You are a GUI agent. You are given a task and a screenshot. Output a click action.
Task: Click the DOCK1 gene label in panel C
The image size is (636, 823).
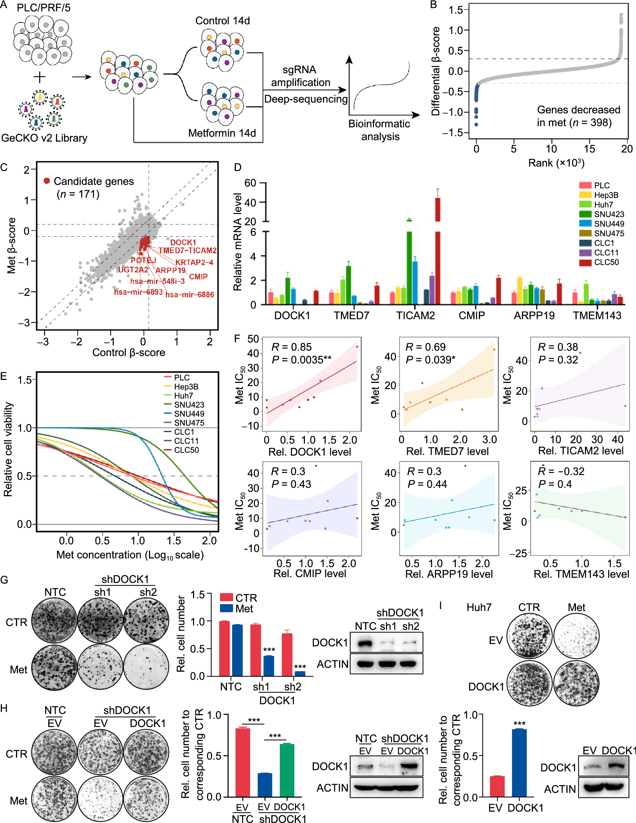point(183,242)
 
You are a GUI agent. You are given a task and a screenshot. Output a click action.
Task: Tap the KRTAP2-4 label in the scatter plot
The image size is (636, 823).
point(194,262)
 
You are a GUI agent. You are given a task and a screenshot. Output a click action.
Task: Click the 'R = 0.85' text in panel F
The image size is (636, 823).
point(291,347)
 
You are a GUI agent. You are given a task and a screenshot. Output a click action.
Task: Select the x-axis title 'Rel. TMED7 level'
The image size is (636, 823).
point(447,451)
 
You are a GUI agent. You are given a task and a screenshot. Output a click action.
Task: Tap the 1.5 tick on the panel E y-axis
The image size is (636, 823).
point(25,380)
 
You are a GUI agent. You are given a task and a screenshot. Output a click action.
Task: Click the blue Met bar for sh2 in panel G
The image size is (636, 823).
point(300,673)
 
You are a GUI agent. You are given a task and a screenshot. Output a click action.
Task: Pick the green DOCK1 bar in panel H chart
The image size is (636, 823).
point(287,770)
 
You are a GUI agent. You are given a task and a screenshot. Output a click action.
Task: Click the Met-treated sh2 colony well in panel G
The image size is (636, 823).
point(146,668)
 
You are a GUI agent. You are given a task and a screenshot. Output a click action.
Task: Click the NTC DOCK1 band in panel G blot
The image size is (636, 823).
point(365,643)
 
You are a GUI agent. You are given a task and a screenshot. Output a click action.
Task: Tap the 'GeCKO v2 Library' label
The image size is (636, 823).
point(44,138)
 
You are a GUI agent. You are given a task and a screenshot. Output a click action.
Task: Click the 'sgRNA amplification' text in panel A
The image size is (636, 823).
point(300,76)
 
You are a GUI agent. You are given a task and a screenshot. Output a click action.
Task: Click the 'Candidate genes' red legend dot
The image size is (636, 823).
point(47,181)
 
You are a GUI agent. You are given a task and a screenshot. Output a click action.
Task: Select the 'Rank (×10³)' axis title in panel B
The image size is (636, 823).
point(556,163)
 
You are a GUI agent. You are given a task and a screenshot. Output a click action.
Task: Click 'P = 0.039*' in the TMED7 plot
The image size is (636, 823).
point(430,360)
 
